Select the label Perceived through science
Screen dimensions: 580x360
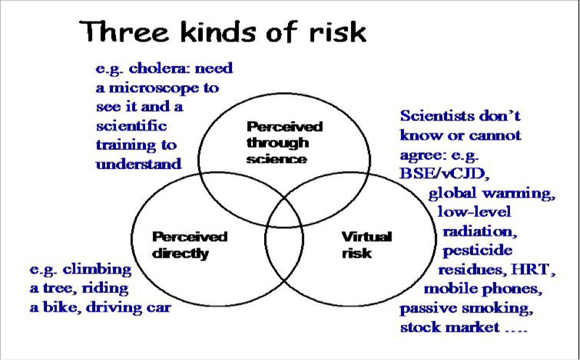[284, 143]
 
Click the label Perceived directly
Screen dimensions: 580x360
[189, 245]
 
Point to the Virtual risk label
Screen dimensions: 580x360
[366, 245]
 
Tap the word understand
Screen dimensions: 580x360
[139, 164]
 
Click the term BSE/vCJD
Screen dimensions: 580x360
[444, 174]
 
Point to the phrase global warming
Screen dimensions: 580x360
[492, 193]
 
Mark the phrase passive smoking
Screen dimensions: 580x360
[466, 309]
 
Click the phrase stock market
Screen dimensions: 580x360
[450, 327]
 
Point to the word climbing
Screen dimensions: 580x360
[97, 270]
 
